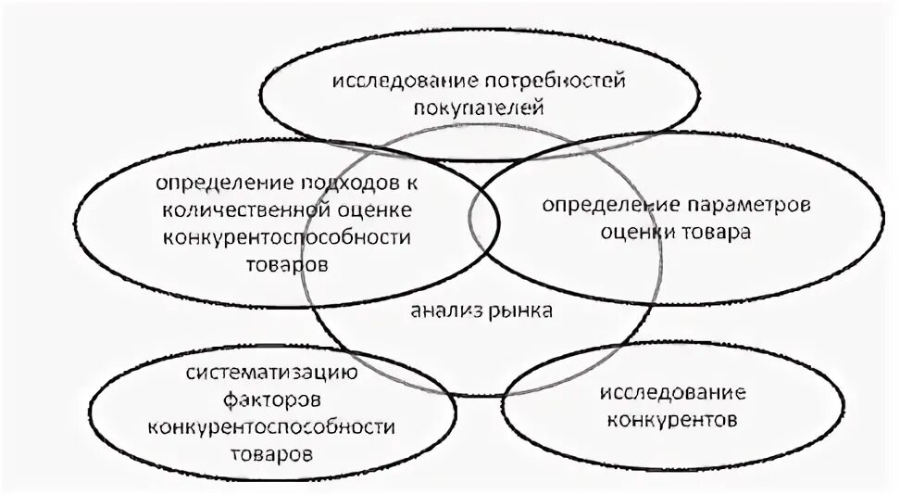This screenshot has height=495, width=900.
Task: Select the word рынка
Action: coord(519,311)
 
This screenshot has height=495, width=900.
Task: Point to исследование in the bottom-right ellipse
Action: coord(673,394)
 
